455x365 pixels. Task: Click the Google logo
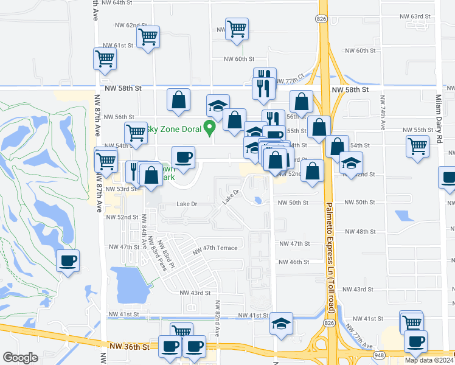[20, 357]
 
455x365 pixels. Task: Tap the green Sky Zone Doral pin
[210, 128]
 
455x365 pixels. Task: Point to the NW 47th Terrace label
[215, 249]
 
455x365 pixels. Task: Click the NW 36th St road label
[128, 346]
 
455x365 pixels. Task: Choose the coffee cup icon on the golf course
[68, 261]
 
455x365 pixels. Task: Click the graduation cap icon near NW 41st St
[281, 323]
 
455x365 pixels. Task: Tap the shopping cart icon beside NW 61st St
[105, 59]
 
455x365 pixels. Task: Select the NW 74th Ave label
[383, 111]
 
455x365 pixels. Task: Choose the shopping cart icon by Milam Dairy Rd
[417, 146]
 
